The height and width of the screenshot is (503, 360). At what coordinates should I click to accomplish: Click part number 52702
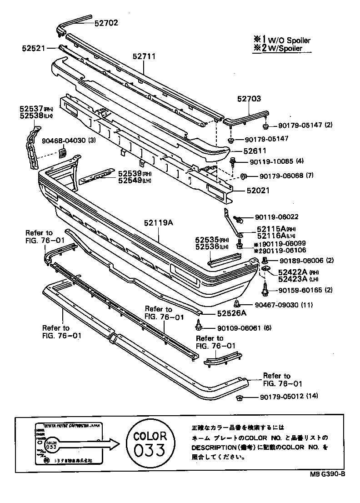(106, 22)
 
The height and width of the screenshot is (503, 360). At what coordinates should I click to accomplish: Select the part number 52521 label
(33, 47)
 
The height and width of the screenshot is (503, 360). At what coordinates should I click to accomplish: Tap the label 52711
(144, 56)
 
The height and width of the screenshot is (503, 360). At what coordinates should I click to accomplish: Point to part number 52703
(249, 98)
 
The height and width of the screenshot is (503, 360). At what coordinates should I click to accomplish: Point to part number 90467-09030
(280, 305)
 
